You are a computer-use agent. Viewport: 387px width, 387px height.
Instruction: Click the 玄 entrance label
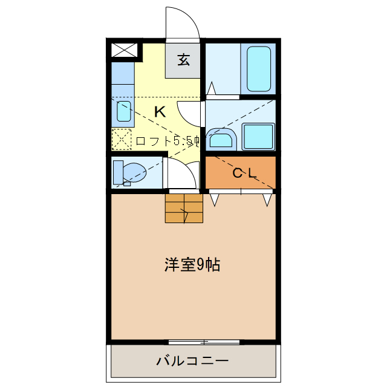click(x=183, y=60)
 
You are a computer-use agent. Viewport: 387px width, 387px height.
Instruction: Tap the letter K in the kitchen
click(x=160, y=111)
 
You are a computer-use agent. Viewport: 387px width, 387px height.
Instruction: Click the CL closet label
click(x=245, y=173)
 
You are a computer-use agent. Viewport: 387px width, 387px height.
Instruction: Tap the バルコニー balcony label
click(x=193, y=362)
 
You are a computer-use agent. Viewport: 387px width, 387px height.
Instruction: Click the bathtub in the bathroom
click(x=258, y=68)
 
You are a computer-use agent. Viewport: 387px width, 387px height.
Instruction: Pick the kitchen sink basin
click(x=123, y=111)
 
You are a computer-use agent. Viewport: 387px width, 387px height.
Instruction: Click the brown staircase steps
click(x=183, y=208)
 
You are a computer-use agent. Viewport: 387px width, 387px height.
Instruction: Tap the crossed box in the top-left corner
click(x=125, y=51)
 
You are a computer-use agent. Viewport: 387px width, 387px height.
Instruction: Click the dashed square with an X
click(x=122, y=139)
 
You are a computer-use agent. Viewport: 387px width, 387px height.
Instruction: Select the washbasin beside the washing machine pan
click(x=220, y=140)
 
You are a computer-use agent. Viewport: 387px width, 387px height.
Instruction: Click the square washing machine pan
click(x=258, y=137)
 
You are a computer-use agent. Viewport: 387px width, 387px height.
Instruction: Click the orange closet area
click(x=241, y=172)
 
